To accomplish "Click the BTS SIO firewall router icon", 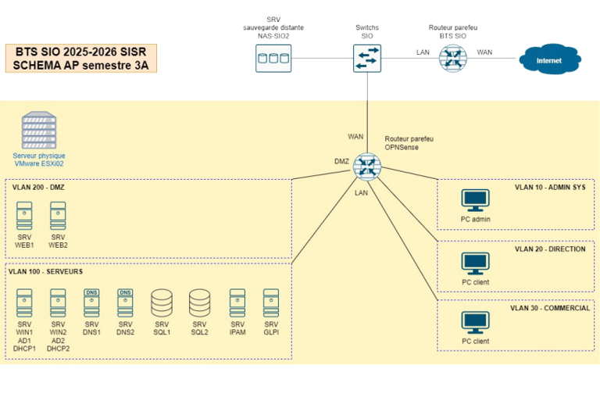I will (x=451, y=58).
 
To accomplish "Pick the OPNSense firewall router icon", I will (x=366, y=166).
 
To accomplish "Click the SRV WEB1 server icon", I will (x=24, y=214).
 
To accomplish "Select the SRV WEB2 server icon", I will (x=58, y=214).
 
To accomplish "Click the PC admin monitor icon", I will (x=475, y=201).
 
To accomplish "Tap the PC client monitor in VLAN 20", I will (x=475, y=263).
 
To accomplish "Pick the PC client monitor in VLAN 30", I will (x=475, y=323).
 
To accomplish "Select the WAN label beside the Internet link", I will (x=484, y=52).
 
